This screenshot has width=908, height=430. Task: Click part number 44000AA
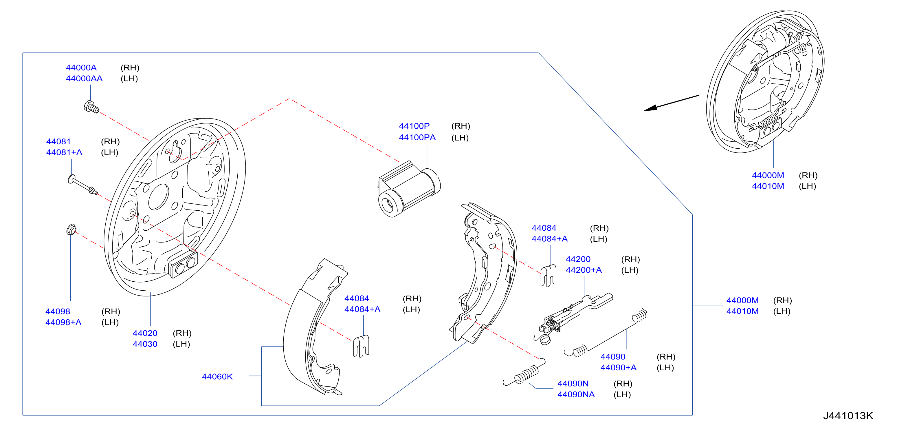coord(84,79)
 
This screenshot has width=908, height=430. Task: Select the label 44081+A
coord(64,152)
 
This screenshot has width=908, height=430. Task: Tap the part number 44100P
coord(414,126)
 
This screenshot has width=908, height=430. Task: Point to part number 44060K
coord(217,377)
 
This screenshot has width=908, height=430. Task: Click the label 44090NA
coord(576,394)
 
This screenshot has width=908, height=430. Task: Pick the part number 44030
coord(145,344)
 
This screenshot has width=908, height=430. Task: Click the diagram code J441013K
coord(848,416)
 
